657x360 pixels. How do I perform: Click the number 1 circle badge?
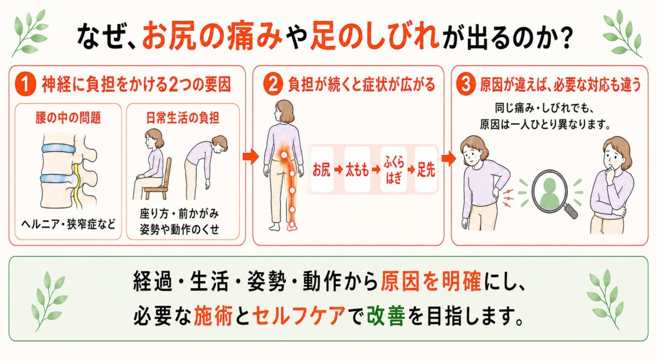tap(25, 85)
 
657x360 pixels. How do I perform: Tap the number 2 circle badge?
tap(273, 85)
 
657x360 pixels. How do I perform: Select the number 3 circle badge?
tap(465, 85)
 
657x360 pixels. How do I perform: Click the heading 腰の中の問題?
tap(68, 118)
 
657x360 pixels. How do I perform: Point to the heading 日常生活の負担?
tap(182, 118)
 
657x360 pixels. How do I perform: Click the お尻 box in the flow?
tap(322, 170)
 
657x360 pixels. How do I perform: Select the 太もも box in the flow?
tap(357, 170)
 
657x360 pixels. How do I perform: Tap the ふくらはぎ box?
tap(393, 170)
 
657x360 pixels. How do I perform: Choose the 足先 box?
tap(426, 170)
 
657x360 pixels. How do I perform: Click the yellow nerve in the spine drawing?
tap(76, 185)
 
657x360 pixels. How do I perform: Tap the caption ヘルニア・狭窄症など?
tap(68, 224)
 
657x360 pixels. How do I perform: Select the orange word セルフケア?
tap(299, 316)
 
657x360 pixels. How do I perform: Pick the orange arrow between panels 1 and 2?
tap(251, 156)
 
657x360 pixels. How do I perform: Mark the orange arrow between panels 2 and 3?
tap(449, 159)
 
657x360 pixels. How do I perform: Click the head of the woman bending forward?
tap(220, 144)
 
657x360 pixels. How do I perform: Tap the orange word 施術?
tap(213, 316)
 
